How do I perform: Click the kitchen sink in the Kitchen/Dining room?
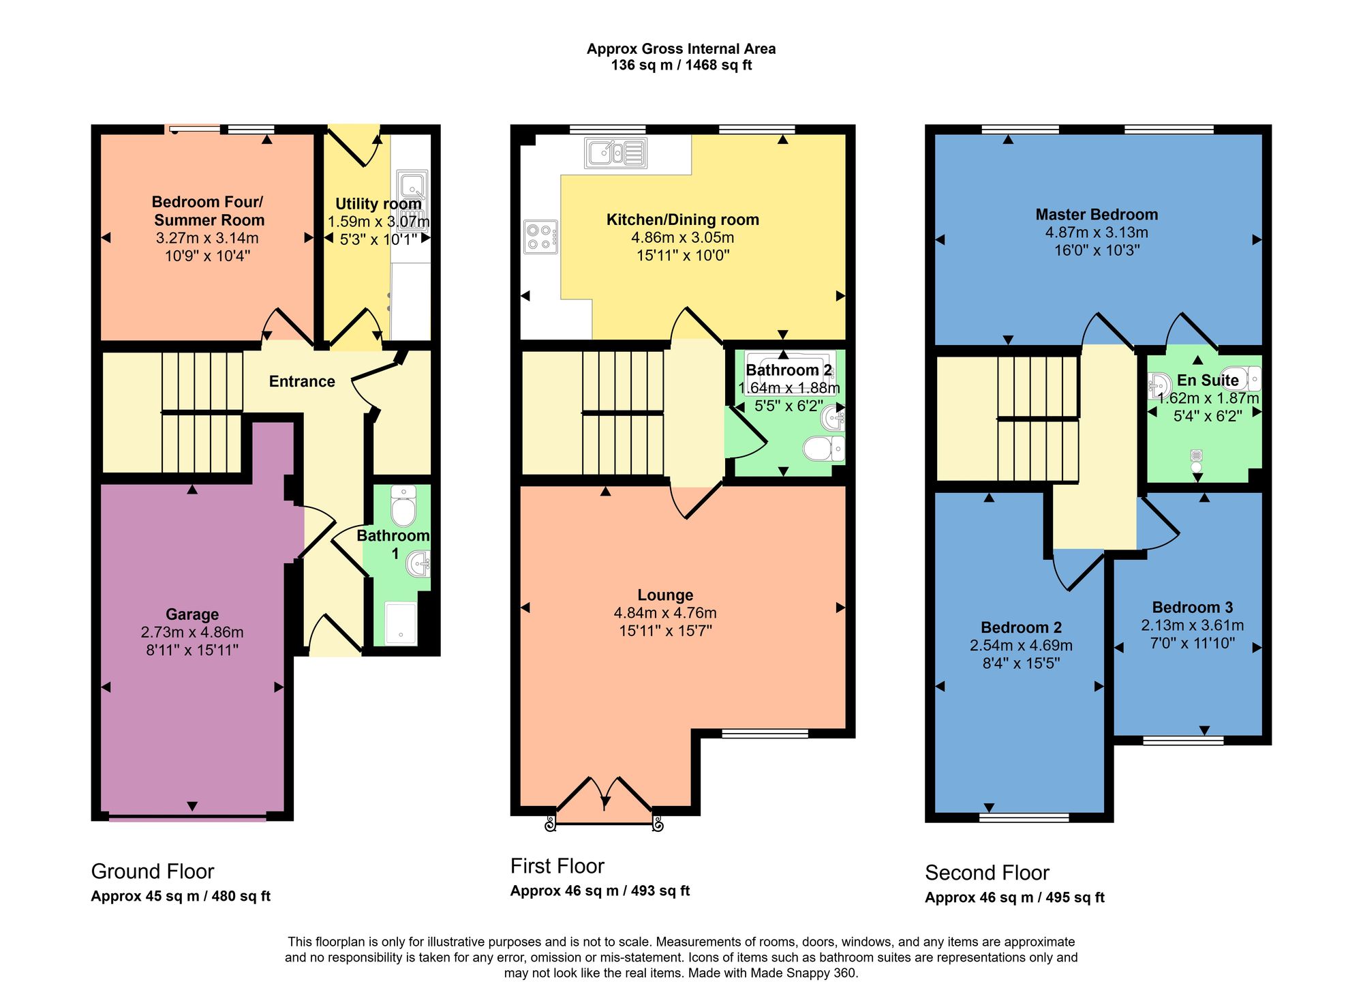615,153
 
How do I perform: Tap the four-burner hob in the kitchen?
540,237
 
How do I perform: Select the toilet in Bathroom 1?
404,505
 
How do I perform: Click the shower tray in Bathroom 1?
401,623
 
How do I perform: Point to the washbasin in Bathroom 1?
418,564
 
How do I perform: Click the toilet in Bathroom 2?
824,449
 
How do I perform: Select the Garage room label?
192,614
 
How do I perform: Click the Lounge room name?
665,595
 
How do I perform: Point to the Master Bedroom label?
1097,214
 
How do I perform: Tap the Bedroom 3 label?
1193,607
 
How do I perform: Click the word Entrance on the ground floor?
302,381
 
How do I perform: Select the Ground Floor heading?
153,871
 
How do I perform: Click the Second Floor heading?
987,872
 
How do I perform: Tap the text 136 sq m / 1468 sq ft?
681,65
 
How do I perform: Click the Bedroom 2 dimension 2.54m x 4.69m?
1021,645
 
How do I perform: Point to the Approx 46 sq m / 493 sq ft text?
600,891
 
